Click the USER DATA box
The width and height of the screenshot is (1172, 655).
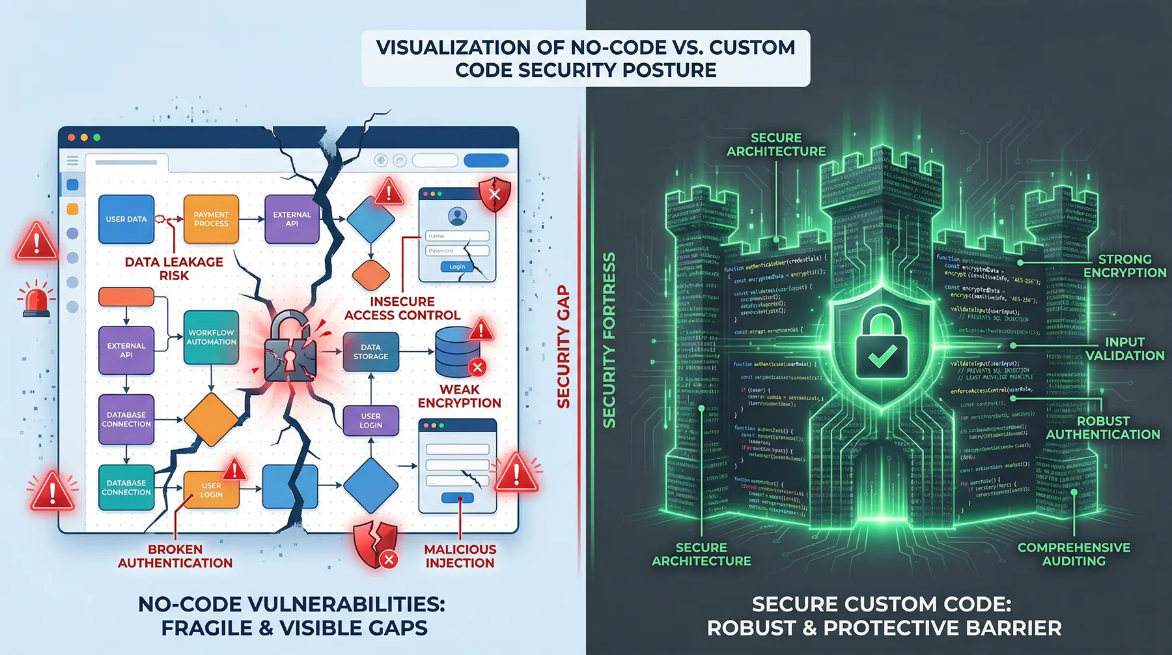click(x=126, y=219)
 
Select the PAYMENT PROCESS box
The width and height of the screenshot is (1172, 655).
click(x=211, y=219)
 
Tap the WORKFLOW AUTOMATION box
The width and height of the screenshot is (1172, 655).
click(x=211, y=337)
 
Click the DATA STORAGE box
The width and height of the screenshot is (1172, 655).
click(x=370, y=352)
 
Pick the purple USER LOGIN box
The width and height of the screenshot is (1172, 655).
click(x=370, y=420)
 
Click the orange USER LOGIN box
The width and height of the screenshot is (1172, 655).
click(x=211, y=490)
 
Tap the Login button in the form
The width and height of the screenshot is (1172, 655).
click(x=457, y=267)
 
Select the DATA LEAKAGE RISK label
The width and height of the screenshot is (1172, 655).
click(x=174, y=269)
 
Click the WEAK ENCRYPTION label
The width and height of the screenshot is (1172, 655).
click(x=459, y=396)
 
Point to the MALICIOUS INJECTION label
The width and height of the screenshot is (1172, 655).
click(x=460, y=556)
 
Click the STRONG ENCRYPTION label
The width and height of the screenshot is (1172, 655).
click(x=1124, y=266)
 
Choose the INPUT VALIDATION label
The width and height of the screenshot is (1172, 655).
click(x=1124, y=349)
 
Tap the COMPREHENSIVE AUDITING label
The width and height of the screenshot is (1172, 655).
click(x=1074, y=554)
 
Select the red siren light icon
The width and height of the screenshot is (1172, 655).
click(x=36, y=301)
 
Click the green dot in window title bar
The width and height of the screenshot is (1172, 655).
click(x=97, y=138)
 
